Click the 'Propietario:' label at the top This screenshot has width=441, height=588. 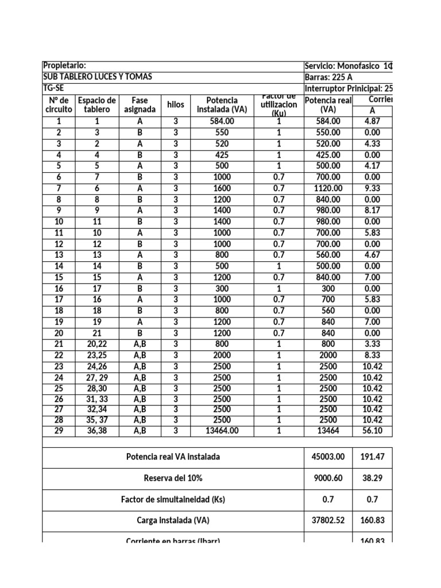65,66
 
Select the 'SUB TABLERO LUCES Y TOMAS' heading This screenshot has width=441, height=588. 98,78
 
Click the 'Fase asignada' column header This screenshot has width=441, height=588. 140,105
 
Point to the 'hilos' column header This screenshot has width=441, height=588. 175,105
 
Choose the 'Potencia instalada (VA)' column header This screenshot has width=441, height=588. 222,105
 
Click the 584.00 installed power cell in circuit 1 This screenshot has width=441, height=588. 222,121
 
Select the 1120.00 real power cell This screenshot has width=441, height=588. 328,188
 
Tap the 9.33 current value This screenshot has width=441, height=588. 372,188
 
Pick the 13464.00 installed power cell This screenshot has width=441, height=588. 222,431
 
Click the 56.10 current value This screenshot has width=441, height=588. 372,431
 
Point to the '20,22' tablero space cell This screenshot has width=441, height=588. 96,344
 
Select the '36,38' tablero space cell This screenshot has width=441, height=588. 96,431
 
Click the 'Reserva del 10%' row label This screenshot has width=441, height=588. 173,478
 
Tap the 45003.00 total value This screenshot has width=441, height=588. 328,457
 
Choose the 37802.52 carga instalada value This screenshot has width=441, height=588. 328,521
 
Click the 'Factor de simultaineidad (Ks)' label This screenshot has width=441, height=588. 173,500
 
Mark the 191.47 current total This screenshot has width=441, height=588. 372,457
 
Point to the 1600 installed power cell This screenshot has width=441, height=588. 222,188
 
